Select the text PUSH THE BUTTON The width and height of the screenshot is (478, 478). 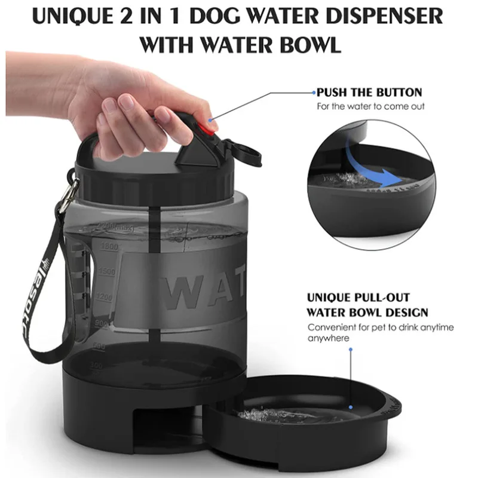(369, 93)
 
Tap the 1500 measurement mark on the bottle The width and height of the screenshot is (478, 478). (107, 272)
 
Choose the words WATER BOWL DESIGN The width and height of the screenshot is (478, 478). (367, 312)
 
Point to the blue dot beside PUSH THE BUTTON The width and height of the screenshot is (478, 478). (312, 93)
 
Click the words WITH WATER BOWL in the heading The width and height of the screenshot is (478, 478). (239, 44)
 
